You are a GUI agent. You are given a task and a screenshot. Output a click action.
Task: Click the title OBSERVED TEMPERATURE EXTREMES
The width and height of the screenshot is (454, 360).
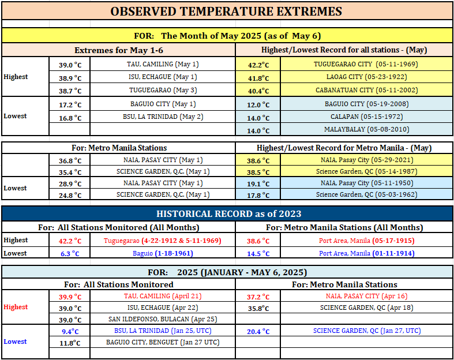[226, 12]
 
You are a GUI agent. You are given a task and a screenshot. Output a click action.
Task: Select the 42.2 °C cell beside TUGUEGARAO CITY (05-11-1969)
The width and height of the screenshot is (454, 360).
[258, 65]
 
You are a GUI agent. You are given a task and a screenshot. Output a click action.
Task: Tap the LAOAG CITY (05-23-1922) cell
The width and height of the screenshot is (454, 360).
[366, 77]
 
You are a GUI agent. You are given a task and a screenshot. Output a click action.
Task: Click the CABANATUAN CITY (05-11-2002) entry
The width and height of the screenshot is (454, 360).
[366, 90]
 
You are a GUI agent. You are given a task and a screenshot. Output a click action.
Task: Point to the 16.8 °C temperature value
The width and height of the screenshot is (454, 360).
[70, 118]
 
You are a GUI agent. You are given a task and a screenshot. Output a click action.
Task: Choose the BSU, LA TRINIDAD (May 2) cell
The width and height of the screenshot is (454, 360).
[163, 117]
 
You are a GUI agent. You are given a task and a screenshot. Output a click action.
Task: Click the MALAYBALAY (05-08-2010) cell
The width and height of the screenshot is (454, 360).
[366, 129]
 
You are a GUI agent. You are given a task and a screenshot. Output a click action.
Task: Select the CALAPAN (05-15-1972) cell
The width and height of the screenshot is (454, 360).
[366, 117]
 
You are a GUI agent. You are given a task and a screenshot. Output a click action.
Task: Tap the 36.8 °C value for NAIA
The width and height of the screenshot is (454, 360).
[70, 161]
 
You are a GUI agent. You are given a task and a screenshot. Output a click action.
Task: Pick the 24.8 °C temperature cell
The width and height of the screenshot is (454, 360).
[70, 196]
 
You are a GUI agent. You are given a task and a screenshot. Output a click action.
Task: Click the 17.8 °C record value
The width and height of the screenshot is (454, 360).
[258, 196]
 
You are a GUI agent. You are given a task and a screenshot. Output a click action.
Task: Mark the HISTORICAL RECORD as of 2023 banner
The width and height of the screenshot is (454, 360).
[229, 213]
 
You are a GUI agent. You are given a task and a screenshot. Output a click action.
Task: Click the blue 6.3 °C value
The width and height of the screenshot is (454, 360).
[70, 254]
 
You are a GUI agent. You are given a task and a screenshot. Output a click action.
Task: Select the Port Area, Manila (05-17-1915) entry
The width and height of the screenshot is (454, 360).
[366, 241]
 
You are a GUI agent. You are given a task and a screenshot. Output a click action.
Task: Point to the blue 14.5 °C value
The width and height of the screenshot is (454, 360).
[258, 254]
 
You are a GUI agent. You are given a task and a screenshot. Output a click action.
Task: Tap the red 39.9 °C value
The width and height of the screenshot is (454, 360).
[70, 297]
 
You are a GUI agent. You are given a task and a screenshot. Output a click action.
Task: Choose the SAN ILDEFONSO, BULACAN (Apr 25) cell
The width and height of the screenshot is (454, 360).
[163, 319]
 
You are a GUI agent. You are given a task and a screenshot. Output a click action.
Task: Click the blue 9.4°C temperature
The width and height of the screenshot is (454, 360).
[70, 332]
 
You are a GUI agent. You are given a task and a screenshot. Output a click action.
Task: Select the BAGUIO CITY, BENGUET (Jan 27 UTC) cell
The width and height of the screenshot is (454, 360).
[163, 342]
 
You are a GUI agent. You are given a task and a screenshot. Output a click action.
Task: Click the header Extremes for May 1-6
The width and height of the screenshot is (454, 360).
[119, 50]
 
